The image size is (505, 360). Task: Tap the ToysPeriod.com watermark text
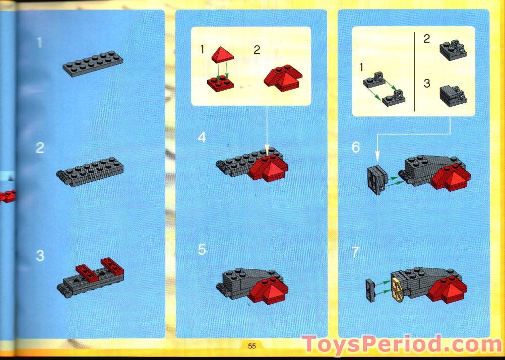402,345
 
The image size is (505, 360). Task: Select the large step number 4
202,137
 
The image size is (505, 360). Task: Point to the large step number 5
202,249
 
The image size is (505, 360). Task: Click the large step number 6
356,148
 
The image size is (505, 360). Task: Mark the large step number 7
356,252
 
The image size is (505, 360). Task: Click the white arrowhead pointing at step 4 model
268,150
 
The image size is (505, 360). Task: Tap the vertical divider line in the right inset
414,71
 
